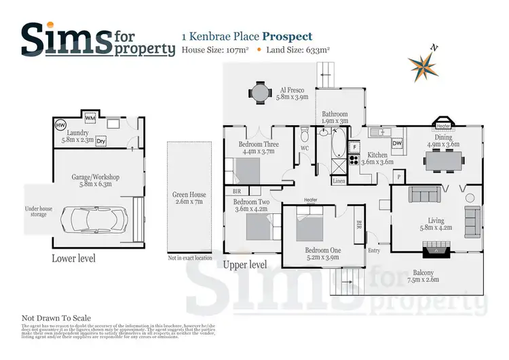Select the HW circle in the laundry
[x=60, y=126]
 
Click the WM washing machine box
[x=90, y=118]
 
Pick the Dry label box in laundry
[x=101, y=141]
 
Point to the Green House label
[x=189, y=198]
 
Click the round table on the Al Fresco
[x=260, y=92]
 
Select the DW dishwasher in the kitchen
[x=397, y=143]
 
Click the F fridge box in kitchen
[x=354, y=146]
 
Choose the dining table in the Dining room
[x=444, y=160]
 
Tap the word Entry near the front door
[x=374, y=251]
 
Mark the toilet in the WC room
[x=305, y=130]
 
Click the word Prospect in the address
[x=288, y=36]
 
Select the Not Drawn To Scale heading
[x=56, y=318]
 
